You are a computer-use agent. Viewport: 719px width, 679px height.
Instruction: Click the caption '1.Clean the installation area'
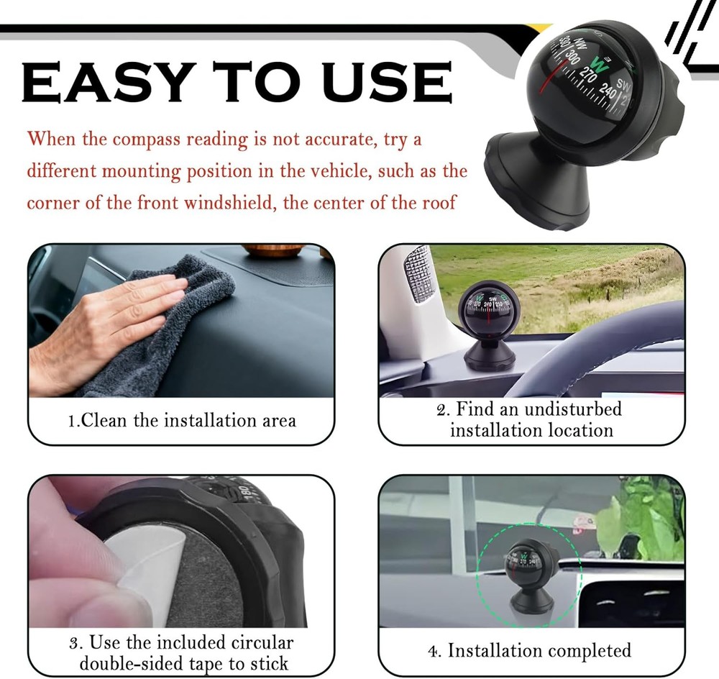(x=181, y=420)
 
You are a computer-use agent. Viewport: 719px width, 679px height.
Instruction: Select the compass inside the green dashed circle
(x=528, y=568)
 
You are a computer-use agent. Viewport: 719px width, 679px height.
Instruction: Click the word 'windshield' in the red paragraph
(x=229, y=202)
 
